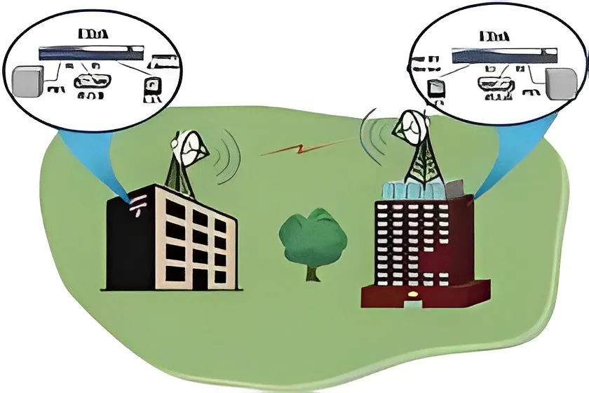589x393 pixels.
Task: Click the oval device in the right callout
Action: tap(494, 83)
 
